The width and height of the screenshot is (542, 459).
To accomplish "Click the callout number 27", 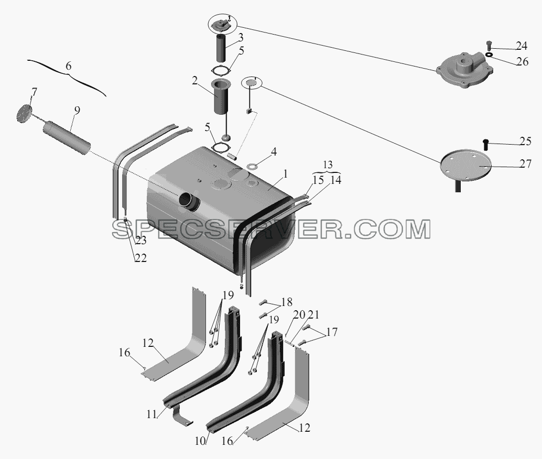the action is (x=525, y=164).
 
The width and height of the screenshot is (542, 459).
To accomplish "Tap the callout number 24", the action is (x=521, y=46).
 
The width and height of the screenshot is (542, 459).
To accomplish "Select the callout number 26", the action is (x=523, y=61).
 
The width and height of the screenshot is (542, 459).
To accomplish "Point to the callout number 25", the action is (x=525, y=141).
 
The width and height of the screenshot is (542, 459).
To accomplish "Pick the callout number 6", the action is (x=69, y=65).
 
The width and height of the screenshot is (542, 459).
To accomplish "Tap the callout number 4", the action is (x=274, y=152).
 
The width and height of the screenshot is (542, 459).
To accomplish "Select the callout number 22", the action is (x=140, y=258).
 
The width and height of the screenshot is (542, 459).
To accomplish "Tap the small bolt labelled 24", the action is (x=489, y=45).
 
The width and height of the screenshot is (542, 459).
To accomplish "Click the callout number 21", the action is (x=313, y=314).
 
